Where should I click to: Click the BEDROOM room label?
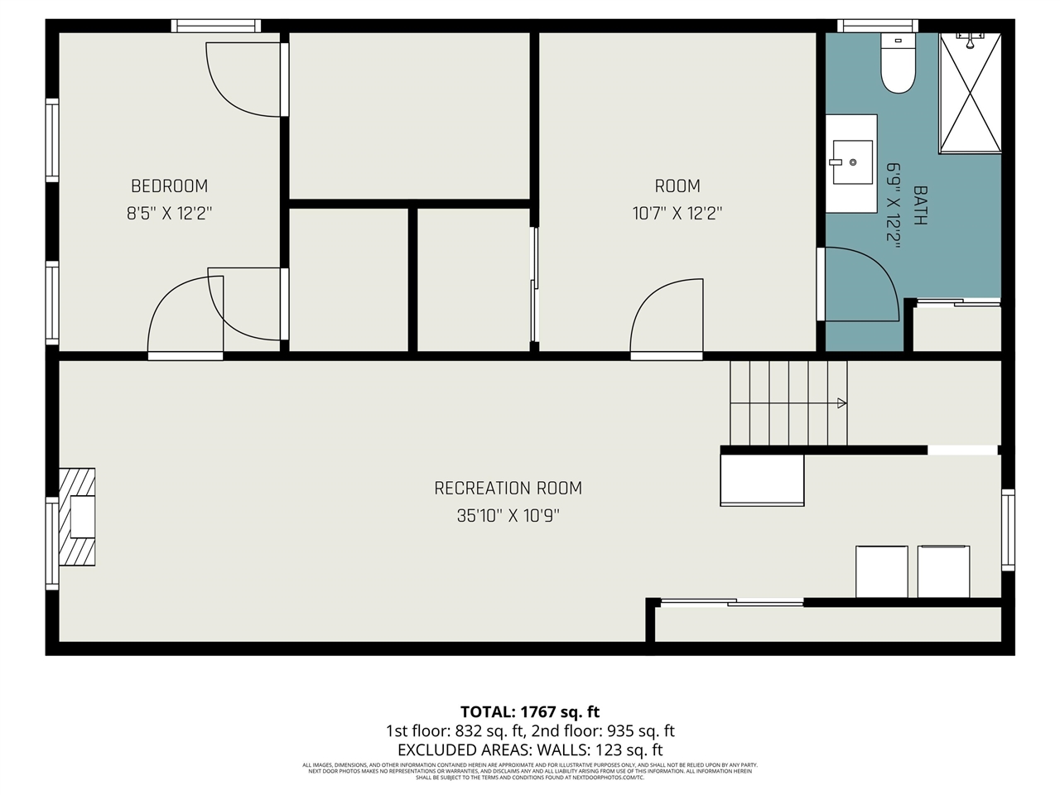pyautogui.click(x=169, y=186)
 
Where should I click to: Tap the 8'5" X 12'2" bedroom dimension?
pyautogui.click(x=169, y=214)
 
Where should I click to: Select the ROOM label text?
pyautogui.click(x=677, y=186)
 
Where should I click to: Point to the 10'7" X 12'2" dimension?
pyautogui.click(x=677, y=214)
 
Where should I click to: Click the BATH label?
pyautogui.click(x=919, y=205)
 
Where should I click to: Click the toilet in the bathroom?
pyautogui.click(x=896, y=65)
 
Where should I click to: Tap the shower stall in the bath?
pyautogui.click(x=970, y=93)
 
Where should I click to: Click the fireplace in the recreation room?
pyautogui.click(x=78, y=518)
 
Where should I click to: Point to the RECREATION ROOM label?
pyautogui.click(x=508, y=489)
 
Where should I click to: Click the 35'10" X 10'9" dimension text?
pyautogui.click(x=508, y=516)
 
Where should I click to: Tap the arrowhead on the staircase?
pyautogui.click(x=841, y=403)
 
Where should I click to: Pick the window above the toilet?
pyautogui.click(x=877, y=26)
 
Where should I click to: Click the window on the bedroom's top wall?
pyautogui.click(x=216, y=26)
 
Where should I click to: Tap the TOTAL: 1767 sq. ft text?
pyautogui.click(x=530, y=711)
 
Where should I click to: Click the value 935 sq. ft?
pyautogui.click(x=641, y=731)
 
